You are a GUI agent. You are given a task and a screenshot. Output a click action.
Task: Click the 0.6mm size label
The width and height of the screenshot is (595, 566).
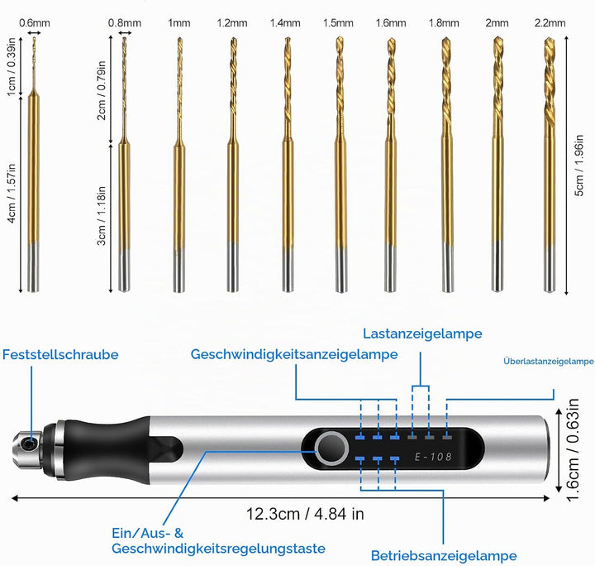[x=35, y=23]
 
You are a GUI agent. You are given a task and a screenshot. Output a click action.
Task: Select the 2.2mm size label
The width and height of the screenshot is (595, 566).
[x=550, y=23]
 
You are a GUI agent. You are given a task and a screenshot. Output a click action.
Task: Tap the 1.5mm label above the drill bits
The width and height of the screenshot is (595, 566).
[x=338, y=23]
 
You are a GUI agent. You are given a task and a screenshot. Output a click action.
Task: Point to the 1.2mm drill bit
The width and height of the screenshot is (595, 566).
[x=233, y=165]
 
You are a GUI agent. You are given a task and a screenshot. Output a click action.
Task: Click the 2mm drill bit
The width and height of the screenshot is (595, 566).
[x=497, y=165]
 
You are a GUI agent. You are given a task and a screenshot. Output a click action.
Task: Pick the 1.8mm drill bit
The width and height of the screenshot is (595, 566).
[x=447, y=165]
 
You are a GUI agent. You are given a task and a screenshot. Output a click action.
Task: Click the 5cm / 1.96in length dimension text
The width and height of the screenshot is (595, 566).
[x=579, y=165]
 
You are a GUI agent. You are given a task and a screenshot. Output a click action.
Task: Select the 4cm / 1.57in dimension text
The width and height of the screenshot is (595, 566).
[x=12, y=194]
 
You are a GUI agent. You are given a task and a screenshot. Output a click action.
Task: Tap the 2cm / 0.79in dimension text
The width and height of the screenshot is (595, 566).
[x=102, y=90]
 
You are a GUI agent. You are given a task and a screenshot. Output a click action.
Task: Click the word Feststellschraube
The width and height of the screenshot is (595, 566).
[x=60, y=354]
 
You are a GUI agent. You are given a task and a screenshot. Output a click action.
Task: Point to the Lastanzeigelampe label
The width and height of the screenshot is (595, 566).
[x=422, y=333]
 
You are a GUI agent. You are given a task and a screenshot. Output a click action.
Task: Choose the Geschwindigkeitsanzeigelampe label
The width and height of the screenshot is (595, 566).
[x=294, y=354]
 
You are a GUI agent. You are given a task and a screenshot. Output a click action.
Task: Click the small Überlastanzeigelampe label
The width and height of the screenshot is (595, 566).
[x=549, y=362]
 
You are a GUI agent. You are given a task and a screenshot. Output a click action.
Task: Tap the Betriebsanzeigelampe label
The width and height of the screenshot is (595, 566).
[x=444, y=556]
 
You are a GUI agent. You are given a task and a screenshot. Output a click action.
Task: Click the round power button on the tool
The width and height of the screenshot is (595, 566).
[x=331, y=448]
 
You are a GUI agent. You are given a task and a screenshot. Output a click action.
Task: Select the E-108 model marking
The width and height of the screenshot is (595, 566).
[x=433, y=456]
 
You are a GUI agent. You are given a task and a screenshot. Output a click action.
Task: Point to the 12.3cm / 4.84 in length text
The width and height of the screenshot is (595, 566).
[x=305, y=514]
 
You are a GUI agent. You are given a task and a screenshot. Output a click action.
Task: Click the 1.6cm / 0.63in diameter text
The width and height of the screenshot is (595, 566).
[x=573, y=450]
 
